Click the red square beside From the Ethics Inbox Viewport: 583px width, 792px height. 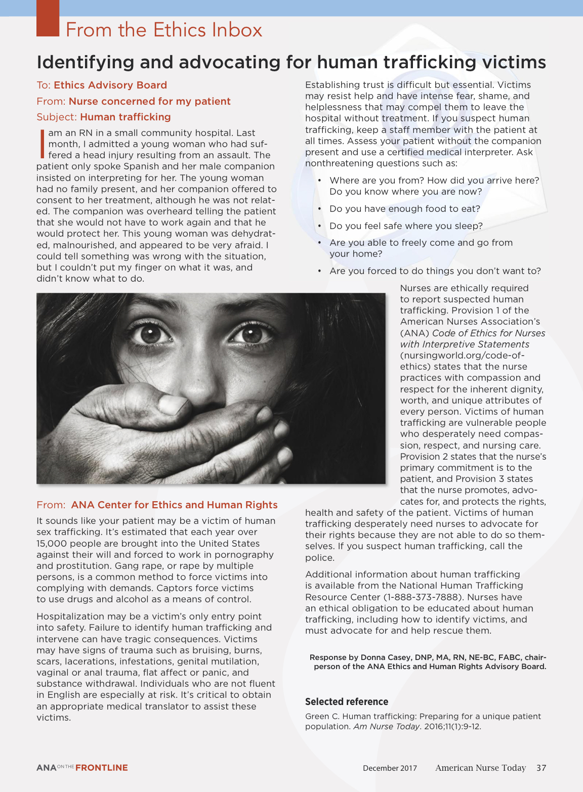pos(48,18)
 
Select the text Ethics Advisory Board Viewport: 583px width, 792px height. pos(110,85)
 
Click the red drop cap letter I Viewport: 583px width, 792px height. pos(42,144)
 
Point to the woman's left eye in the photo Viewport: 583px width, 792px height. pos(252,333)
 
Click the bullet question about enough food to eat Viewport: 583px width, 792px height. pos(404,209)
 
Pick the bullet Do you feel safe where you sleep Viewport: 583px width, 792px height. pos(406,226)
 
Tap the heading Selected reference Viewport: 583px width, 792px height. pos(347,701)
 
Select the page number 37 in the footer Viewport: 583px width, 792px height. pos(541,768)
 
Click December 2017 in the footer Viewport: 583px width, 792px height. pos(390,768)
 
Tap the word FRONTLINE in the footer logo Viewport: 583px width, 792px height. pos(101,768)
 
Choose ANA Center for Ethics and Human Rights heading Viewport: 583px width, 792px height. pos(174,505)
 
